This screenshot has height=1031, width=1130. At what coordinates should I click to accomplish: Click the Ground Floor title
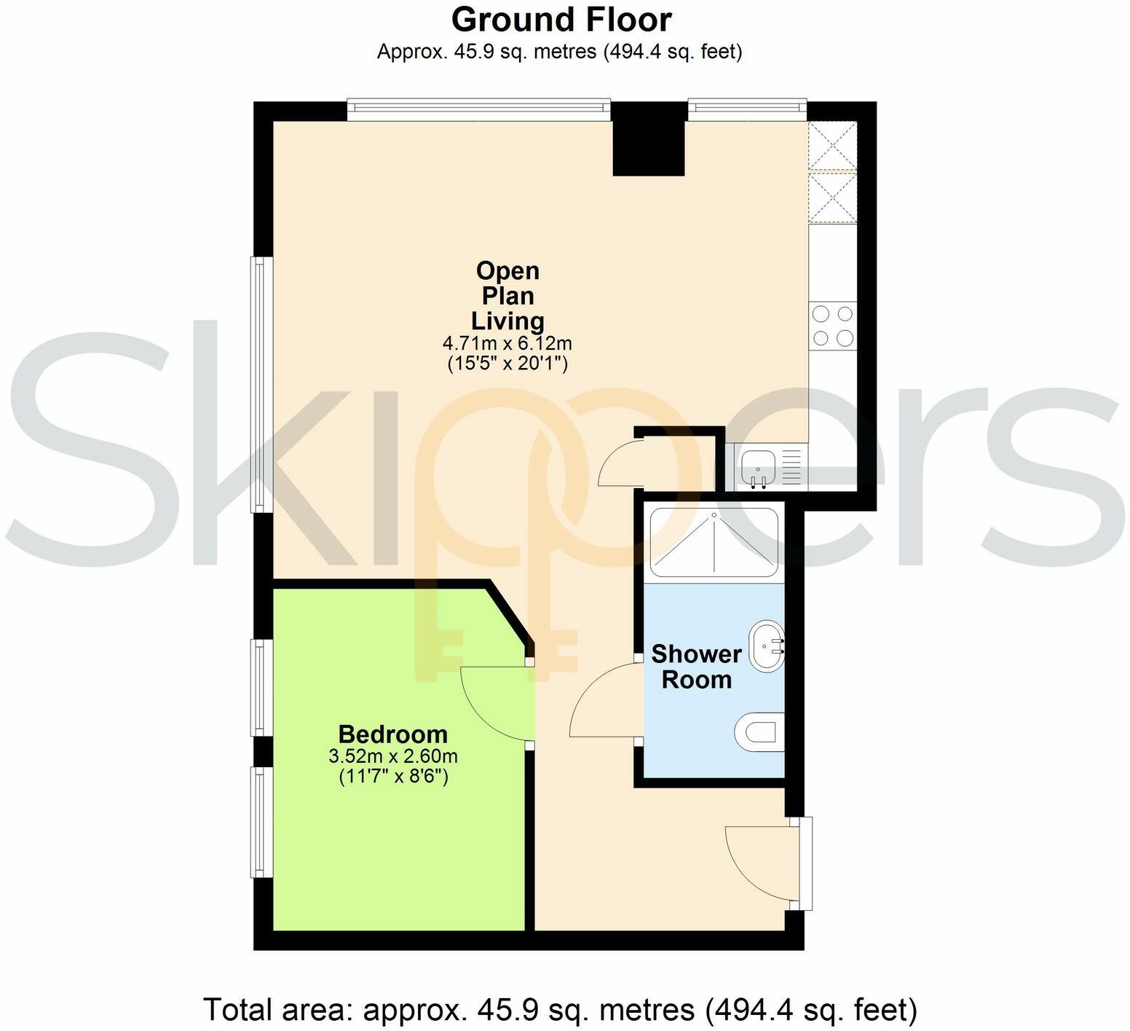[x=561, y=20]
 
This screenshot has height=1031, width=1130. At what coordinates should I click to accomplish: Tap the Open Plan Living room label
[x=507, y=296]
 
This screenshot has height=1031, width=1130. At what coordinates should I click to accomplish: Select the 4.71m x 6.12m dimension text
[x=507, y=342]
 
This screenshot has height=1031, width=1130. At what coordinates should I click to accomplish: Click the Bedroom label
[x=392, y=733]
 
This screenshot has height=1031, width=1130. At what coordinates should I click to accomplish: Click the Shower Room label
[x=696, y=667]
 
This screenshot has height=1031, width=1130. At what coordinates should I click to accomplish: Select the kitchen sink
[x=759, y=467]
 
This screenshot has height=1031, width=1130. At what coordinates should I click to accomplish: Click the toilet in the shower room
[x=759, y=732]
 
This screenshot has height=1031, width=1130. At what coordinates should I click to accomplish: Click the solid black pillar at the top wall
[x=649, y=146]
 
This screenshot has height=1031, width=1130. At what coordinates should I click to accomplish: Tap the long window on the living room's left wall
[x=258, y=383]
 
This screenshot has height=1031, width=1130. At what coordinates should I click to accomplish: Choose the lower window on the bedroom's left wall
[x=258, y=821]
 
